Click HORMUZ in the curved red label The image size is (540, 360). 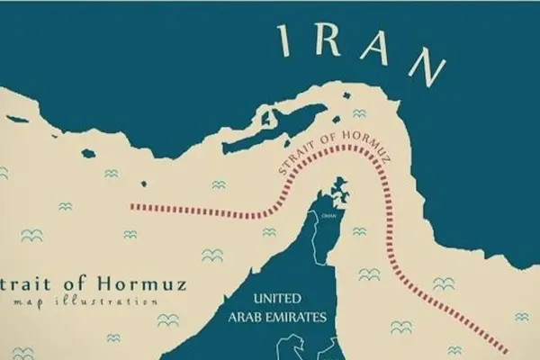(x=358, y=151)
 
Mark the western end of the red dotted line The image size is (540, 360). (x=132, y=205)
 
